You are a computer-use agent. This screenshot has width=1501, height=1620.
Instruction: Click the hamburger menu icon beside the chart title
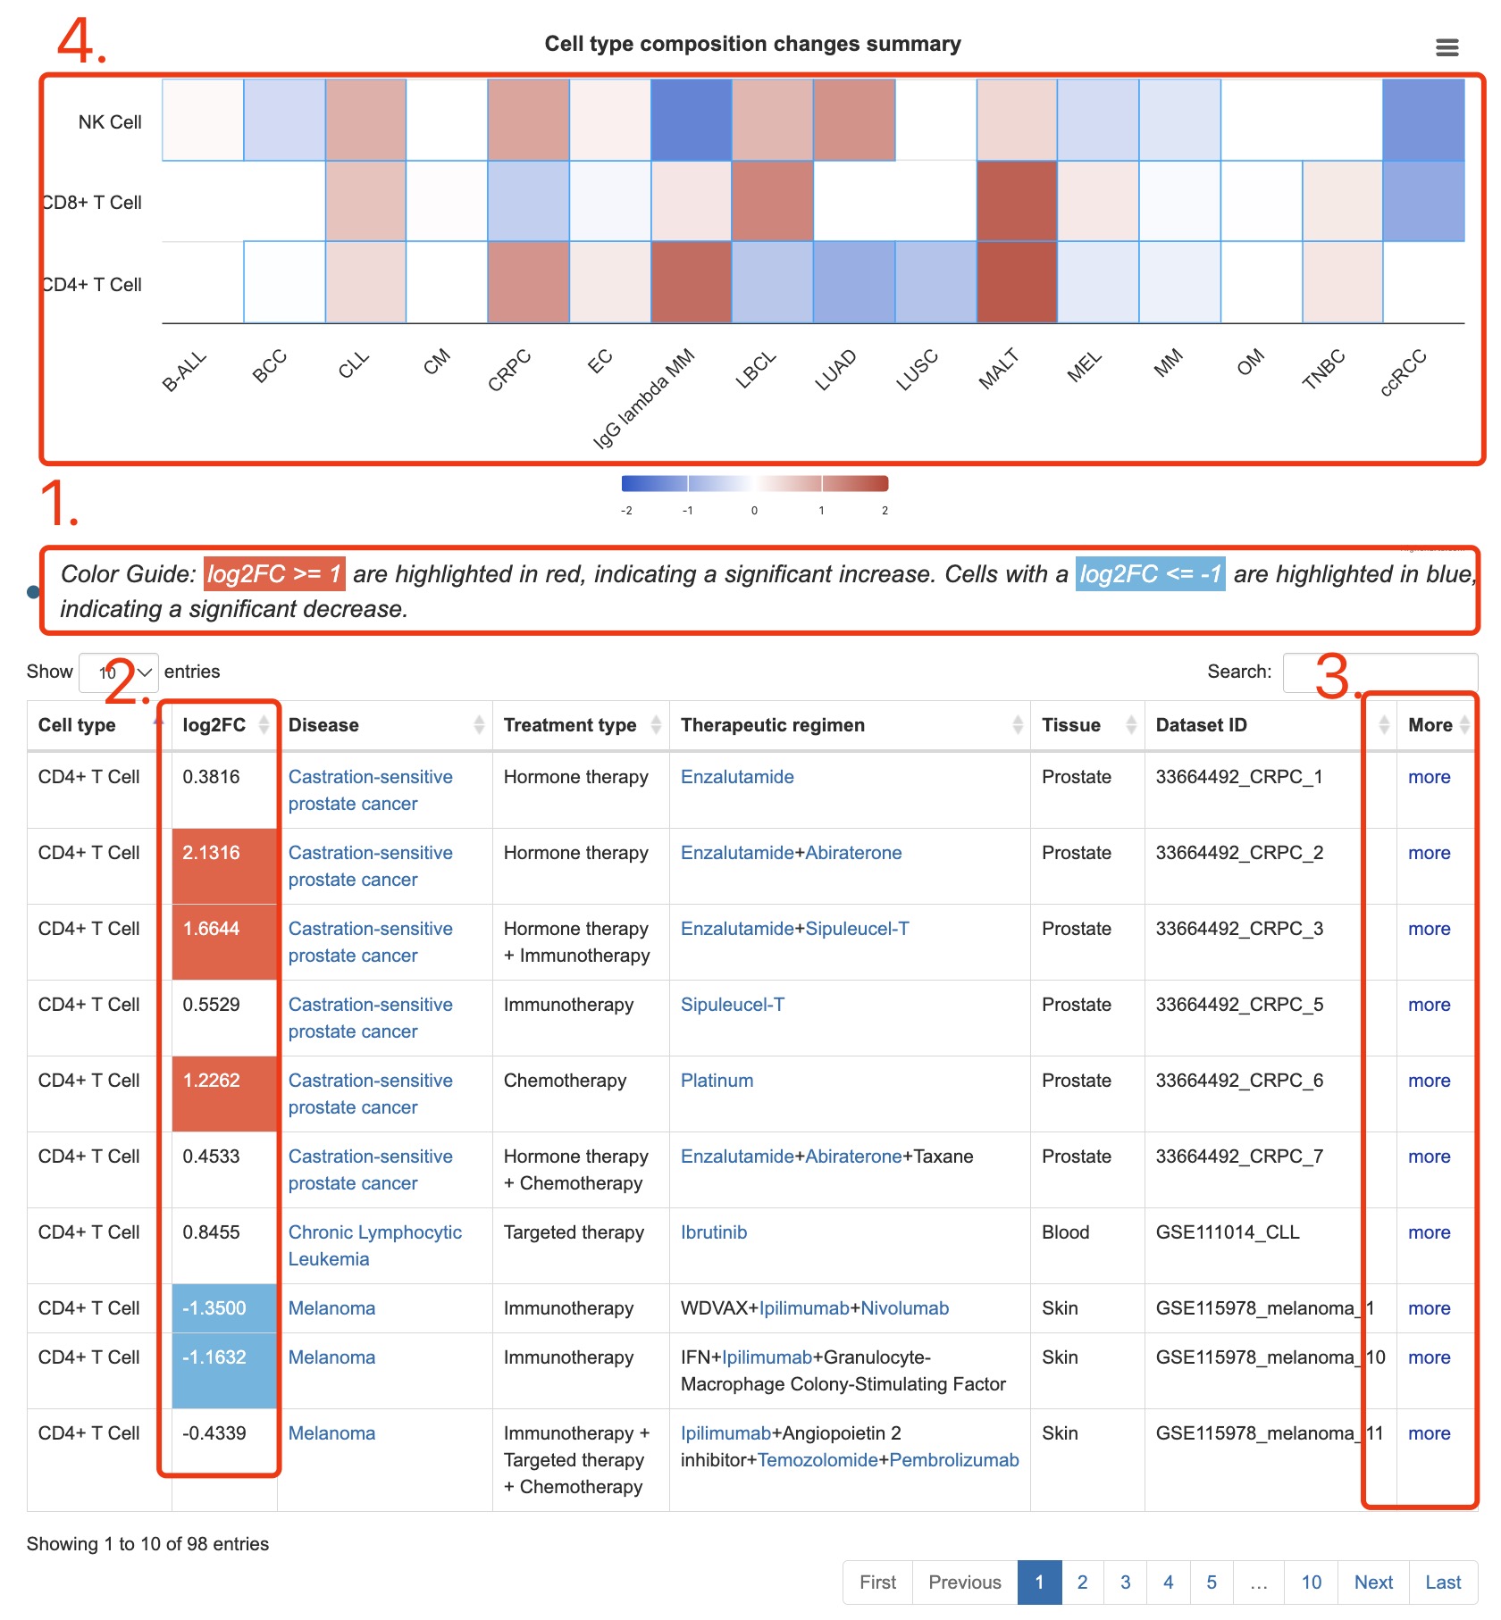click(1446, 47)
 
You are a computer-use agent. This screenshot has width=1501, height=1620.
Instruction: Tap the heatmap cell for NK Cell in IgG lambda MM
click(692, 120)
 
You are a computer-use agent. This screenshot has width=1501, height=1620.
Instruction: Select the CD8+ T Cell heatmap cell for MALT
click(1017, 201)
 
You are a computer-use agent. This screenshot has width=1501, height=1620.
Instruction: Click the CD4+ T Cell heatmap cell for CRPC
click(529, 281)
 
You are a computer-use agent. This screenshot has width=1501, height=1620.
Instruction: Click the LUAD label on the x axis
click(835, 371)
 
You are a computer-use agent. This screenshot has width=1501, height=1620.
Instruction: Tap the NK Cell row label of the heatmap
click(110, 122)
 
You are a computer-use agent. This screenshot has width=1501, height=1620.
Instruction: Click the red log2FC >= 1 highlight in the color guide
click(274, 573)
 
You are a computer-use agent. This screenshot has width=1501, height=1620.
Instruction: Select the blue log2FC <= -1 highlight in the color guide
click(1150, 573)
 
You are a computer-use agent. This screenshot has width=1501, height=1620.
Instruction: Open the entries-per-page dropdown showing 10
click(119, 672)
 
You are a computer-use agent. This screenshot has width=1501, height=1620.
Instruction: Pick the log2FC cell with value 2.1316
click(224, 866)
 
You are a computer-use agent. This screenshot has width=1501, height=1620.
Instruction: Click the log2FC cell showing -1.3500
click(224, 1308)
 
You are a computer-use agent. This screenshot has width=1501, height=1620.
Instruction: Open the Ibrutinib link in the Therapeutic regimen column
click(714, 1232)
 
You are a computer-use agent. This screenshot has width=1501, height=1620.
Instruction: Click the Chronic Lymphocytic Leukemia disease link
click(375, 1246)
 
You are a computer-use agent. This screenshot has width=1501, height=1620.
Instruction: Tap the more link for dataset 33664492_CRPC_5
click(1429, 1005)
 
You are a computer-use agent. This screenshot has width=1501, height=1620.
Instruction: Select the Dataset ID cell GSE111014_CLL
click(1228, 1232)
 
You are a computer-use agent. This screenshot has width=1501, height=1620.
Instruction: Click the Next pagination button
click(1373, 1582)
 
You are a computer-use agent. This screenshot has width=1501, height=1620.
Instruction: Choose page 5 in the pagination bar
click(1212, 1582)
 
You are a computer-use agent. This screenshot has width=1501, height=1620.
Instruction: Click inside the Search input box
click(1379, 672)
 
